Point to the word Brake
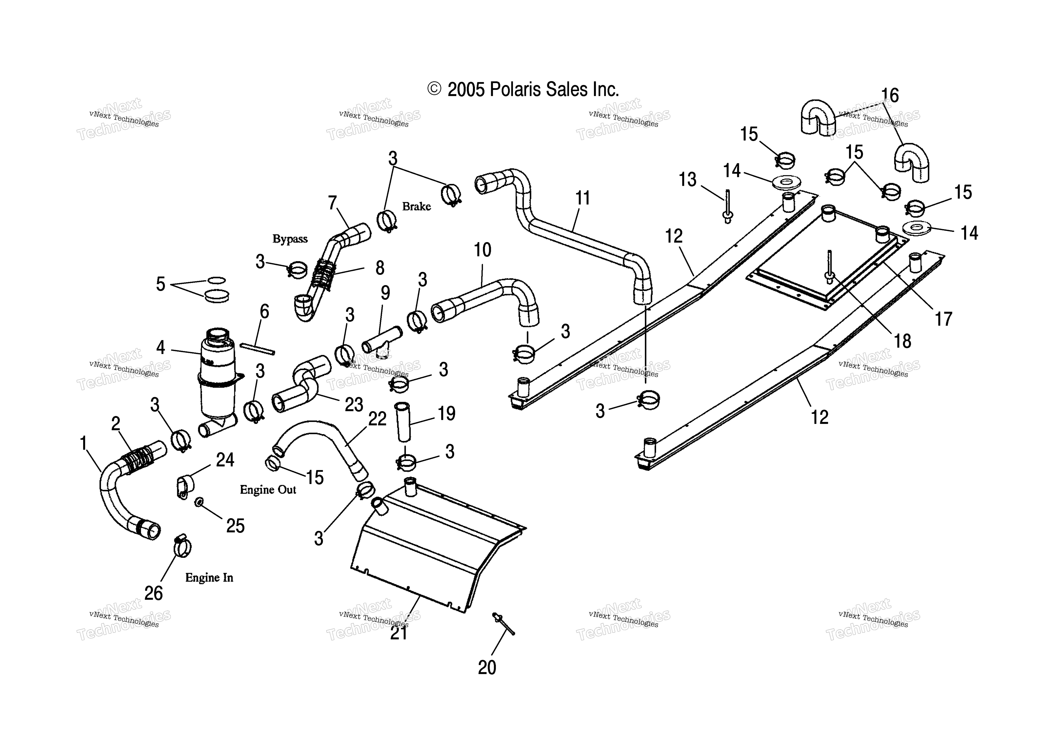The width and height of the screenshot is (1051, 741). click(x=417, y=206)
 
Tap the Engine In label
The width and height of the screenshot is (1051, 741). click(x=209, y=578)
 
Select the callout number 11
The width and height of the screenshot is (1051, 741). click(x=583, y=198)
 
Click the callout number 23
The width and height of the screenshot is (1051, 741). click(x=354, y=405)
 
